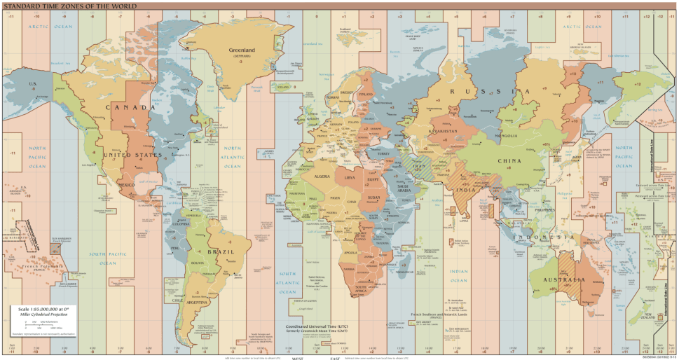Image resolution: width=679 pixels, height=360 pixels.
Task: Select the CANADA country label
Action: tap(130, 107)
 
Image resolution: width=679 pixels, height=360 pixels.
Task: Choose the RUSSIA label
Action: tap(491, 92)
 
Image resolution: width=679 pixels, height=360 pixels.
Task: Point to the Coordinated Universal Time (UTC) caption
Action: tap(315, 326)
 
